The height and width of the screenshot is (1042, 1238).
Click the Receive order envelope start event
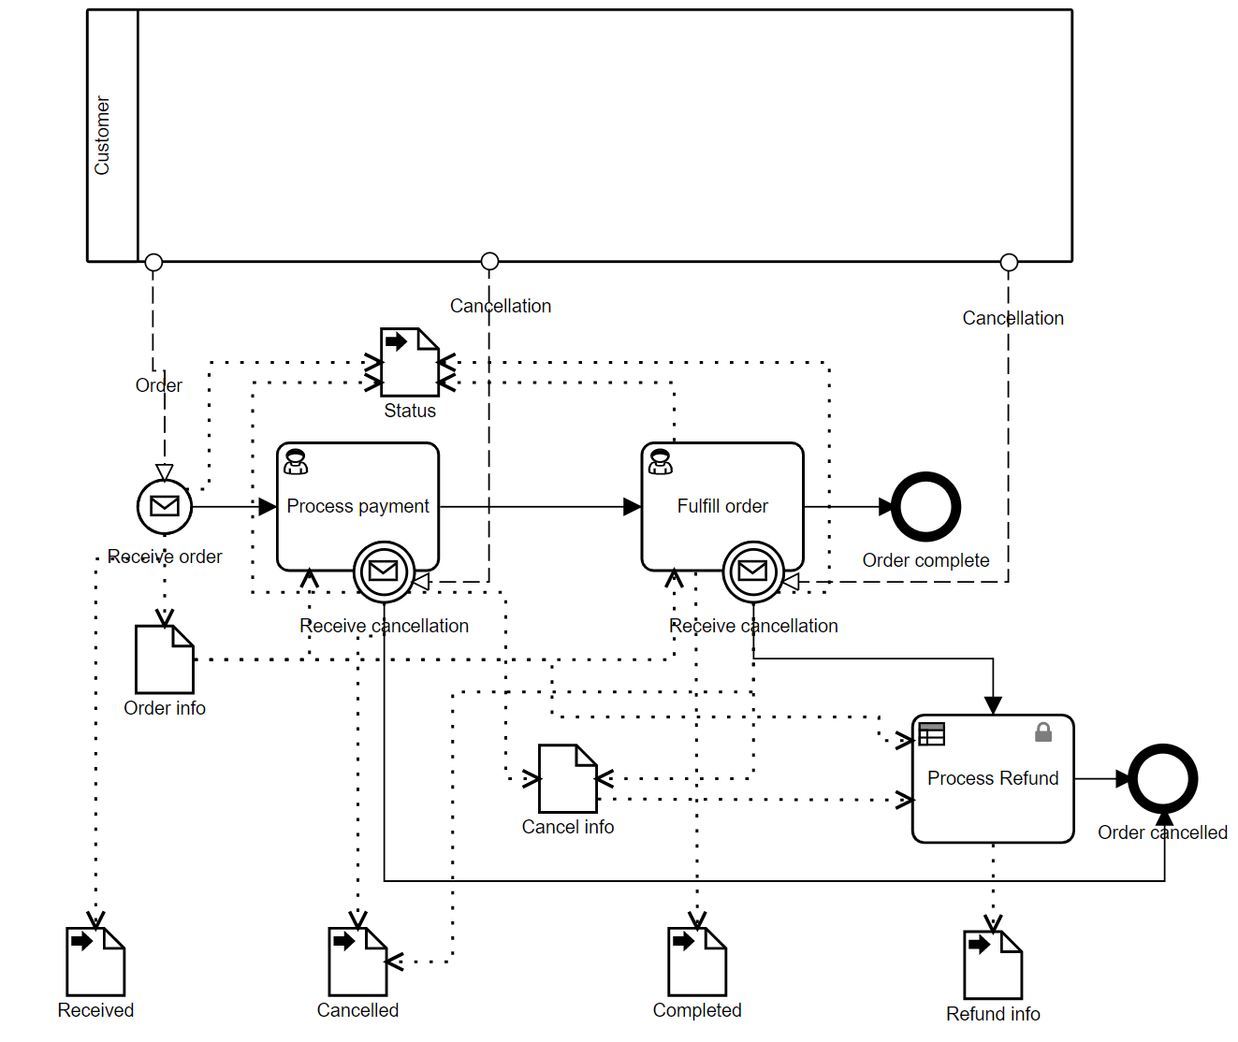[165, 506]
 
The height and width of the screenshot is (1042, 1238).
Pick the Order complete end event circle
[925, 507]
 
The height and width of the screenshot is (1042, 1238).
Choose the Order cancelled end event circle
[1162, 778]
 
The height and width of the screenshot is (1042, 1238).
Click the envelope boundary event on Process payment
[384, 571]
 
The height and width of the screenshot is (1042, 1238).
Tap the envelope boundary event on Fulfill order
[753, 571]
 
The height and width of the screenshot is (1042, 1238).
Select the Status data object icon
[410, 362]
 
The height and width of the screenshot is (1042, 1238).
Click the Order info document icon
[165, 659]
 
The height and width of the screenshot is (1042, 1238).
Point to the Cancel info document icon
[568, 778]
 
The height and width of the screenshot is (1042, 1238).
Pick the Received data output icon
[95, 962]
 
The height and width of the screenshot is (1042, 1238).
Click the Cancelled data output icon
[357, 962]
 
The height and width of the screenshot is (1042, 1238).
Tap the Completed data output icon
[697, 962]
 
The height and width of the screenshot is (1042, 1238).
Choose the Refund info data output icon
[993, 965]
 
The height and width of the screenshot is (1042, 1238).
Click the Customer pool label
[102, 136]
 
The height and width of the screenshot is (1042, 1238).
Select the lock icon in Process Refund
[1043, 732]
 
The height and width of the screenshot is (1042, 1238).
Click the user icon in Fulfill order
[661, 461]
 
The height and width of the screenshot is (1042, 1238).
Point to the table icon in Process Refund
[932, 734]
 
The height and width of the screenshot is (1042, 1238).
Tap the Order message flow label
[159, 385]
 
